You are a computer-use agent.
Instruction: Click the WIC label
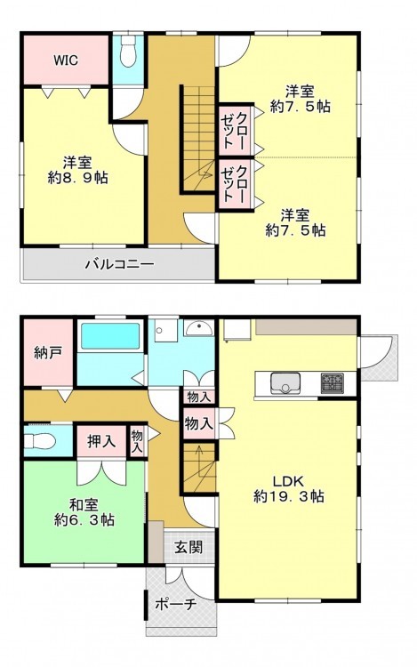coord(66,60)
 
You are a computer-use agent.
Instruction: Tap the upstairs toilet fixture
coord(127,50)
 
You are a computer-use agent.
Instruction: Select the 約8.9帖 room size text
coord(77,178)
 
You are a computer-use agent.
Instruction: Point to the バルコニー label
coord(119,265)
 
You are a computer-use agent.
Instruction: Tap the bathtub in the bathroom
coord(110,336)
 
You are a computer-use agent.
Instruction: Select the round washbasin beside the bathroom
coord(200,328)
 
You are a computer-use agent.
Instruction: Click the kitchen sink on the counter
coord(285,382)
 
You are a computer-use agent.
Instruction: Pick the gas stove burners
coord(332,382)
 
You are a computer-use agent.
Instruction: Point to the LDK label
coord(288,481)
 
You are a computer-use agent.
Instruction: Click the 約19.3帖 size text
coord(289,496)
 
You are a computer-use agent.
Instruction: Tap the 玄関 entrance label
coord(188,547)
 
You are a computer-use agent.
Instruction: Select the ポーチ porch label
coord(175,604)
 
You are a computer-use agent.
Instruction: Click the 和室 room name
coord(84,505)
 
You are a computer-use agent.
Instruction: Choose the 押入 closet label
coord(101,441)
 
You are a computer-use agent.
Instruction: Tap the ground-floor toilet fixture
coord(39,441)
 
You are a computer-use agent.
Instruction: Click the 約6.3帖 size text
coord(84,520)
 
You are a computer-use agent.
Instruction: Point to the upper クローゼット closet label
coord(233,131)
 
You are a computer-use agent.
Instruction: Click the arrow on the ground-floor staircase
coord(199,459)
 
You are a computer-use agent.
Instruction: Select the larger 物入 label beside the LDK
coord(198,423)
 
